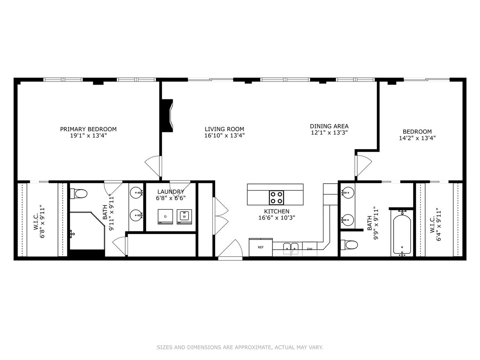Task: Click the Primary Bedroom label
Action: pos(88,129)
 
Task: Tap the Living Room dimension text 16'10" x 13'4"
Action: pos(225,136)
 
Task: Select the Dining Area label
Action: pos(329,126)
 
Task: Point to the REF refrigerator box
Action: pos(261,247)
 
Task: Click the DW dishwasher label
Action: pos(309,249)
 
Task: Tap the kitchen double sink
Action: pos(291,247)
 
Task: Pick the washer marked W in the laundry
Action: pos(184,216)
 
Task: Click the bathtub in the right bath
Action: pos(402,233)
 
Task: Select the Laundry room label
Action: pos(171,192)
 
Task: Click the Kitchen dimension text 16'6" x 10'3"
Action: pos(276,218)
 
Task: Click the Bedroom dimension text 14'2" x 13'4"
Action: pos(417,138)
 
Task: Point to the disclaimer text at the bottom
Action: pos(240,348)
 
